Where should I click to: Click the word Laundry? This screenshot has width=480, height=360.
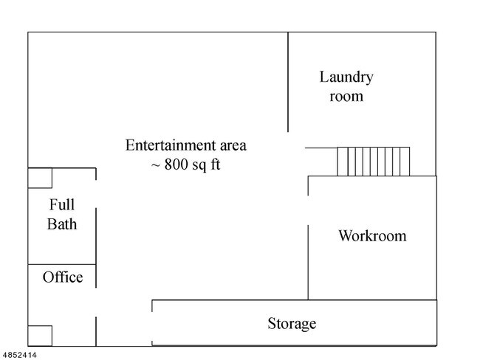click(x=346, y=77)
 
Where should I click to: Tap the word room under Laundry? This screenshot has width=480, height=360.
click(x=346, y=96)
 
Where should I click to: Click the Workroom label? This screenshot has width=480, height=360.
click(x=372, y=236)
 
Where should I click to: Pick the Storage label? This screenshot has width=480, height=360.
click(x=292, y=323)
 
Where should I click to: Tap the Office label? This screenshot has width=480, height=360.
click(x=63, y=277)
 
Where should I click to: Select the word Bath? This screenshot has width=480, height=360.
click(x=62, y=224)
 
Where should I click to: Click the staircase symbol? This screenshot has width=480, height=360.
click(x=373, y=162)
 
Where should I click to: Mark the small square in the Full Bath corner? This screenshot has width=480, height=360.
click(x=40, y=179)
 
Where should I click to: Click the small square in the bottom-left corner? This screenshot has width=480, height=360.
click(x=40, y=335)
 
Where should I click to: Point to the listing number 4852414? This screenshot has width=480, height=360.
click(x=19, y=355)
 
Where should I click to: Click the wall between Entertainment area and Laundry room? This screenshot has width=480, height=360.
click(x=288, y=81)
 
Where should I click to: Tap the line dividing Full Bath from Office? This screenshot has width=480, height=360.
click(x=62, y=264)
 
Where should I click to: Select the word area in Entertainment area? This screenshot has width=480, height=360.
click(x=229, y=145)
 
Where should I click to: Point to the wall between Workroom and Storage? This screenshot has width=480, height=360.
click(x=369, y=300)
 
